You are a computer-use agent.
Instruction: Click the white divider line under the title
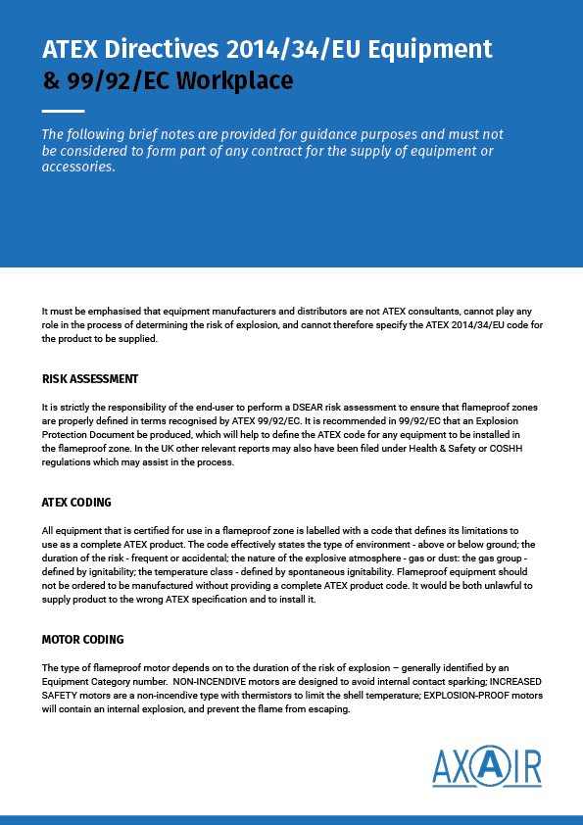(64, 111)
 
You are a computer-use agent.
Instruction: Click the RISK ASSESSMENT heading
(90, 378)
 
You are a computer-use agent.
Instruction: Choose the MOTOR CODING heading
(82, 639)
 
